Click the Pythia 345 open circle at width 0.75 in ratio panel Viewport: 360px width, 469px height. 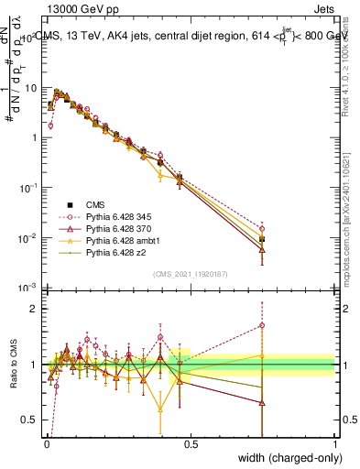click(263, 325)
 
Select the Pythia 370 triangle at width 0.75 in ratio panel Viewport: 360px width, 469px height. click(263, 402)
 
